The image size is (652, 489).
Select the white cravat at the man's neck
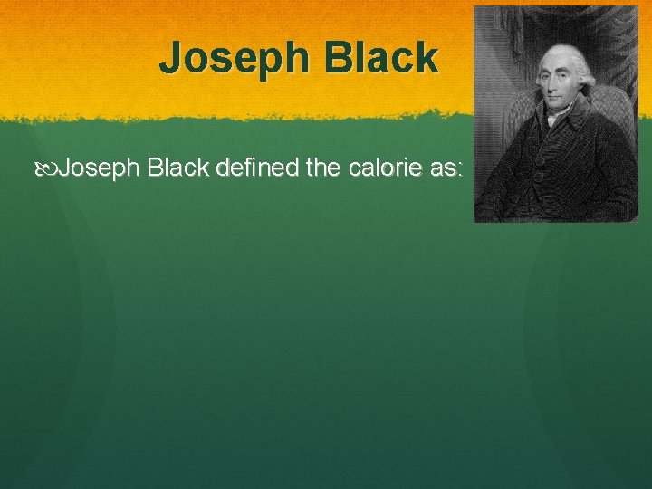[x=552, y=118]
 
